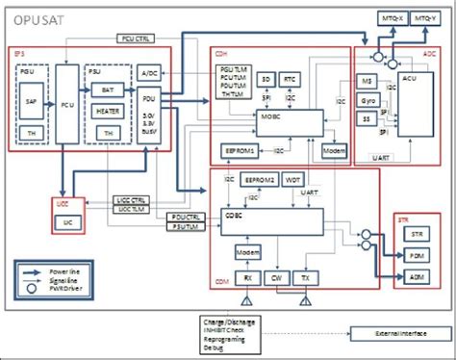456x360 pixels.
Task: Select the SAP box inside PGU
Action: coord(32,100)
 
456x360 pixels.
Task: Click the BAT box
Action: coord(110,89)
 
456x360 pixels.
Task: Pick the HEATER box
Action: coord(110,111)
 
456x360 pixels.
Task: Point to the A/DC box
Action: coord(148,73)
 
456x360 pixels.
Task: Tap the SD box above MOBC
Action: coord(266,77)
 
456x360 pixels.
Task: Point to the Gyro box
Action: coord(367,100)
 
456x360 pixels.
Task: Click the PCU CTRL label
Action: coord(137,39)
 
